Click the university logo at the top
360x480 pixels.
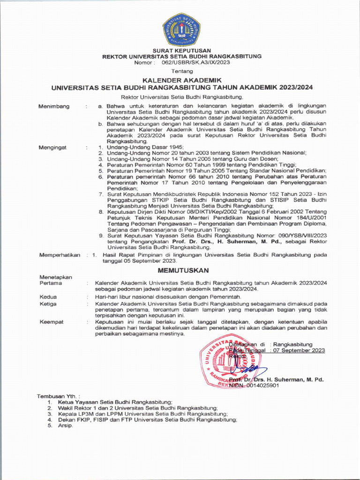182,29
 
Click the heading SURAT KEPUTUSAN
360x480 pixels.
182,50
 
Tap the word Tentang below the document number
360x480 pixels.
182,71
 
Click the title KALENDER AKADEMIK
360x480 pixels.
182,81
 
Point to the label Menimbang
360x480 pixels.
54,106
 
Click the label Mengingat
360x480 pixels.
52,147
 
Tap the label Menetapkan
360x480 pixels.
56,277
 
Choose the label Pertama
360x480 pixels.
50,284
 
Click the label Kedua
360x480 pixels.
48,297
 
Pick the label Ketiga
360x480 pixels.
48,304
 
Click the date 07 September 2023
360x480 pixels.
299,350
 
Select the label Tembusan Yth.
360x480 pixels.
59,396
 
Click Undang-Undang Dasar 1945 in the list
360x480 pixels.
135,147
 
